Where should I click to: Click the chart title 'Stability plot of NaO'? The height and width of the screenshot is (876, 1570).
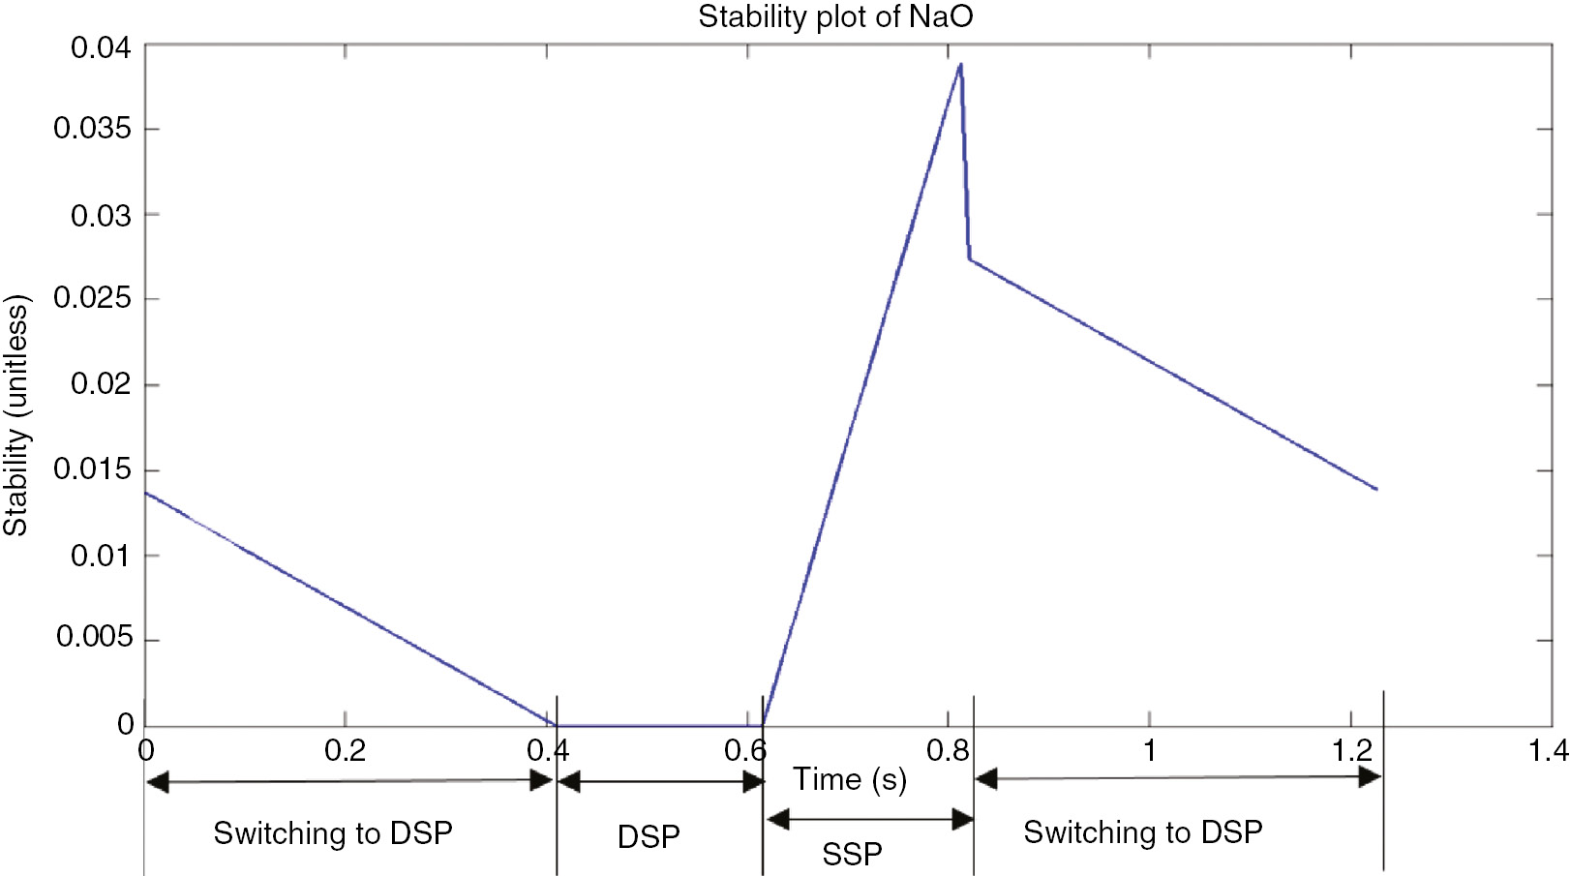(835, 16)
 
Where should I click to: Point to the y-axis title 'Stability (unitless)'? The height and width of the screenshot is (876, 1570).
(16, 415)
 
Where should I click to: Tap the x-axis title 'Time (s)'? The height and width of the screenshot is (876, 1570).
(850, 779)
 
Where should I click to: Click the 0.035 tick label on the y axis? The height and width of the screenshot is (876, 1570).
(92, 129)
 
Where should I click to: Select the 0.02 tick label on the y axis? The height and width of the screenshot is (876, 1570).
(101, 384)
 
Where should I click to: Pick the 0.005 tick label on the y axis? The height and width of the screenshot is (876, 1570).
(94, 637)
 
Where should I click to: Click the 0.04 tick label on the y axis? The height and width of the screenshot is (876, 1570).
(101, 47)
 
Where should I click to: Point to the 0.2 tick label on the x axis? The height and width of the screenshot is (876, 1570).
(345, 750)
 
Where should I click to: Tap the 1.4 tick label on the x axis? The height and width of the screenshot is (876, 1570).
(1547, 750)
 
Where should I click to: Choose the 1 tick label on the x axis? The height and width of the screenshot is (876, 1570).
(1149, 750)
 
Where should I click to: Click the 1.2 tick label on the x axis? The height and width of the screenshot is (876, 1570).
(1351, 750)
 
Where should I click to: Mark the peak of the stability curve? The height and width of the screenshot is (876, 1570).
(960, 65)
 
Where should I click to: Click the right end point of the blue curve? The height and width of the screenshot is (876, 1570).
(1376, 489)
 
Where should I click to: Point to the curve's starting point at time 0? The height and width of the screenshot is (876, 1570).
(146, 493)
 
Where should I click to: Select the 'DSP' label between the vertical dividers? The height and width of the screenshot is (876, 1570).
(649, 836)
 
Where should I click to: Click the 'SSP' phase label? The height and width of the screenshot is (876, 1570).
(852, 854)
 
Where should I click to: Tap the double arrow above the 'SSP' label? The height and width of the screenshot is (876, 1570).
(869, 820)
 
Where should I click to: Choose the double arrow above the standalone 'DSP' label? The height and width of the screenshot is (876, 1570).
(660, 781)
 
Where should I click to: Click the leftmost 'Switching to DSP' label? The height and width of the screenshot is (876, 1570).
(333, 833)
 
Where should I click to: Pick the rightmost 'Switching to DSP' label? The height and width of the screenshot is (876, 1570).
(1143, 831)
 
